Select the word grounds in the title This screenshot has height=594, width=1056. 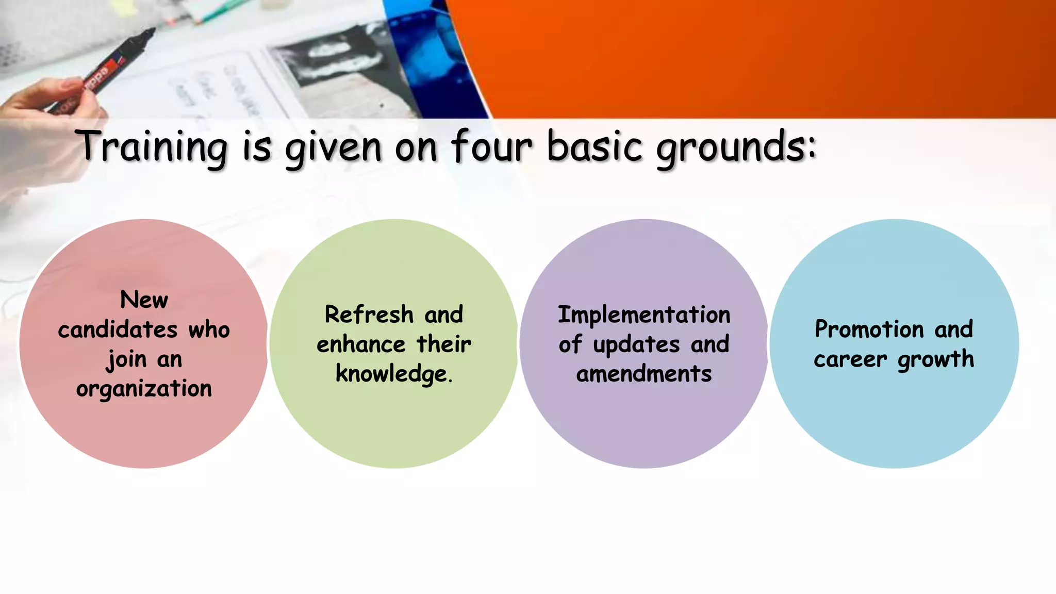(735, 147)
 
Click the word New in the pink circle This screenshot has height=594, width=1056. (144, 300)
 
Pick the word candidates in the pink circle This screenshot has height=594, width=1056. (118, 329)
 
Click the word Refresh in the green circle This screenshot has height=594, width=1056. (369, 315)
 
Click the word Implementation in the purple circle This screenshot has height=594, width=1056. (644, 315)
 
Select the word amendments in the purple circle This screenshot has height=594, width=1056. (644, 374)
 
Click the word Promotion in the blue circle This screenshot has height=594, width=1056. (869, 329)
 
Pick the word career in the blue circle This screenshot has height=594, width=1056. (850, 359)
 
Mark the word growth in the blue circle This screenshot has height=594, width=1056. (935, 359)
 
